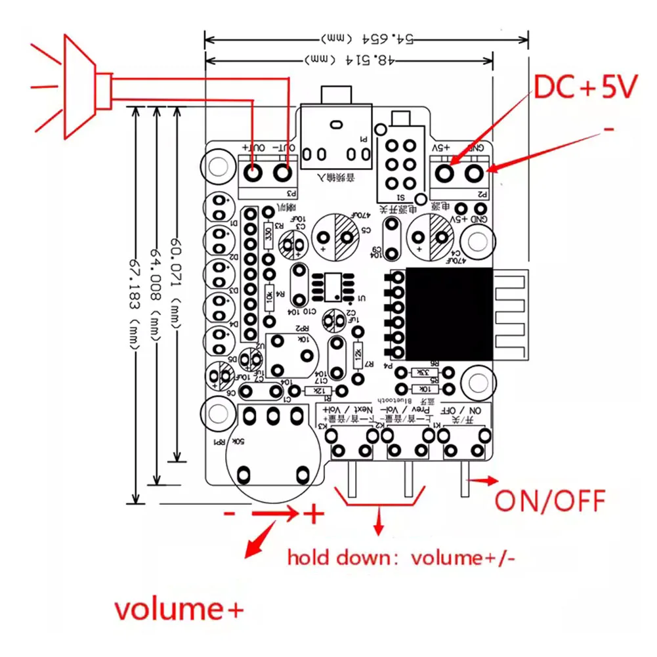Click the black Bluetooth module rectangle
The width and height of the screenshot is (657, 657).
point(448,314)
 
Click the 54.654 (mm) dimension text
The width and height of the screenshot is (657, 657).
point(368,37)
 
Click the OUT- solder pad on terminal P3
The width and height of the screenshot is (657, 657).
point(283,174)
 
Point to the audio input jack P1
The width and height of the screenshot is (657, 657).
point(335,142)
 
